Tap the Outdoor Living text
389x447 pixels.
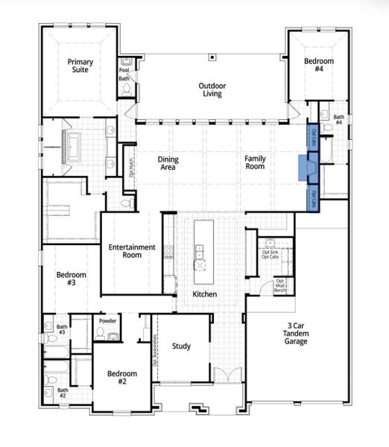[212, 90]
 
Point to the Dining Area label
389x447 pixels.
[167, 162]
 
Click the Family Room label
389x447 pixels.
[256, 162]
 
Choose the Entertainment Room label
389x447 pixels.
[131, 251]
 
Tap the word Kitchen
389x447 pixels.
[204, 295]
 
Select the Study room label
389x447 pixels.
[181, 346]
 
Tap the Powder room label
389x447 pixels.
[107, 321]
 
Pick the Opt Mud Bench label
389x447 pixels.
[281, 285]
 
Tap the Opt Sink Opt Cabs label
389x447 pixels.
[270, 254]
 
